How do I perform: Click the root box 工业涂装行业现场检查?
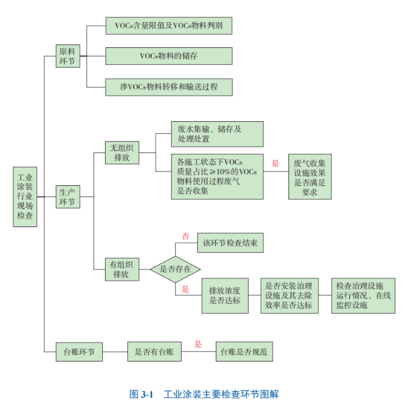click(x=25, y=196)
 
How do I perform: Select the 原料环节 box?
click(x=67, y=56)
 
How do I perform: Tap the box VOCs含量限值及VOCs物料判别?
click(x=169, y=25)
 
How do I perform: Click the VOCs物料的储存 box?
click(x=169, y=56)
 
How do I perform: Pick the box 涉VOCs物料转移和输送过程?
click(x=169, y=87)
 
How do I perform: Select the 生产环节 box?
click(x=67, y=196)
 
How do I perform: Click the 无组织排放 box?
click(x=122, y=152)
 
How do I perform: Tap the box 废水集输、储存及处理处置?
click(x=217, y=134)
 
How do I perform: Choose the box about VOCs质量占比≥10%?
click(x=217, y=177)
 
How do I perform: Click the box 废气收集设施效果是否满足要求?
click(x=310, y=177)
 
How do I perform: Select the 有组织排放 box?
click(x=122, y=270)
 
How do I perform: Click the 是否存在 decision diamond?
click(x=175, y=270)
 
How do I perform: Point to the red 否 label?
click(x=186, y=236)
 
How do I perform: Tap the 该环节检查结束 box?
click(x=230, y=243)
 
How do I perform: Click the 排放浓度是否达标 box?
click(x=224, y=296)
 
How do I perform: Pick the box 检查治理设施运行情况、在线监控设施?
click(x=363, y=296)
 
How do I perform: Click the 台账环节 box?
click(x=79, y=351)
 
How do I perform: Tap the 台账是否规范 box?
click(x=244, y=351)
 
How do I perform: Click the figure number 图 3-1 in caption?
click(x=142, y=395)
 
